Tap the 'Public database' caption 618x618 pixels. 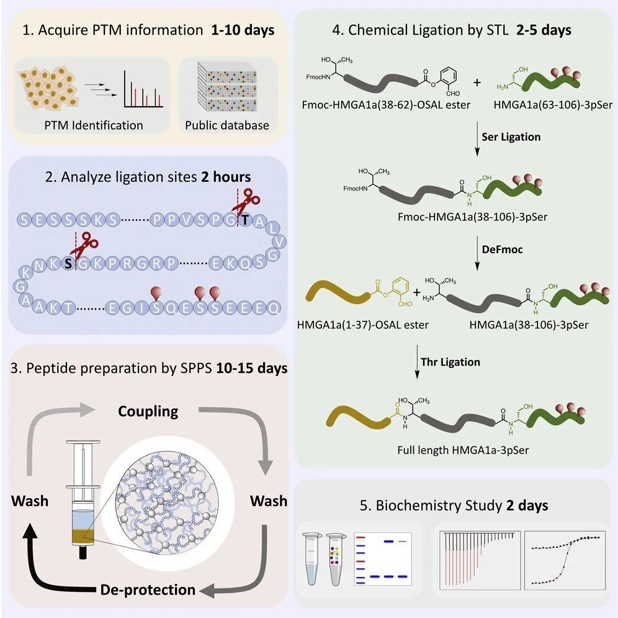pyautogui.click(x=227, y=125)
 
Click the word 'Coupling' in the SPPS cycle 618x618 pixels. pyautogui.click(x=149, y=411)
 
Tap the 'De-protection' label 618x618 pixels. pyautogui.click(x=148, y=589)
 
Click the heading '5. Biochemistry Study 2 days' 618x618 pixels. pyautogui.click(x=462, y=505)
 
